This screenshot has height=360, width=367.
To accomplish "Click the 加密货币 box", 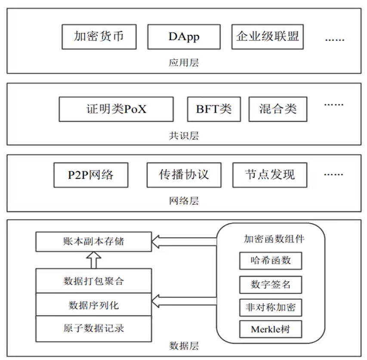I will (99, 37).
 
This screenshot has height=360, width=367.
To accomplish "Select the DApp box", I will (184, 37).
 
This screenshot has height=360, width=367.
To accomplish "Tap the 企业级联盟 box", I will (267, 37).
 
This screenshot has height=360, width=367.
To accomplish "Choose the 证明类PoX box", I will (116, 109).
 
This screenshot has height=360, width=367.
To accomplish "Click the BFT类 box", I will (214, 109).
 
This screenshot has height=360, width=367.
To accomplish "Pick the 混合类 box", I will (278, 109).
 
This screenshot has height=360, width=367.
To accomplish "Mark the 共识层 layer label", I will (184, 136).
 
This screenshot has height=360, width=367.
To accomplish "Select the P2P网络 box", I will (91, 175).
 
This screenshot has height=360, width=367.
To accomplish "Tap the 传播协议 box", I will (184, 175).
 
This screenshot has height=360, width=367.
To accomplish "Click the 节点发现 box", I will (270, 175).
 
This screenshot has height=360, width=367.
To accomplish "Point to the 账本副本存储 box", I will (93, 241).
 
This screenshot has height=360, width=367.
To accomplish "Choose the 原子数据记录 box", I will (93, 328).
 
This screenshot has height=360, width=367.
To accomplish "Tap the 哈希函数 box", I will (270, 261).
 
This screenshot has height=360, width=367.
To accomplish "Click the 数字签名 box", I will (270, 284).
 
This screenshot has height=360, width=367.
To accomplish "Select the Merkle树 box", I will (270, 329).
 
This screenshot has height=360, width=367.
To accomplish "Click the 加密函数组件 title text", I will (270, 239).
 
